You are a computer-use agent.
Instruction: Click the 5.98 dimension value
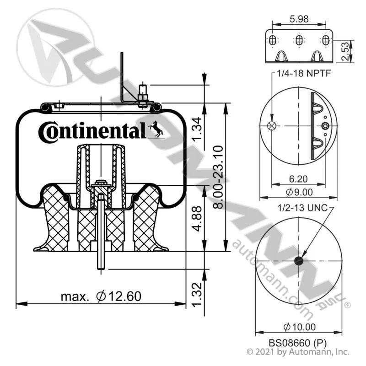[x=299, y=19]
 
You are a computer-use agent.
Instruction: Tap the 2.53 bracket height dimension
[x=345, y=51]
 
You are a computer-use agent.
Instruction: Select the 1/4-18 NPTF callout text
[x=304, y=74]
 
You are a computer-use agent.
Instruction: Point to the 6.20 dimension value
[x=298, y=179]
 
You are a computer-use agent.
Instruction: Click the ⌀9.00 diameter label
[x=299, y=192]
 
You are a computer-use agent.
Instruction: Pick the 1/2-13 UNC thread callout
[x=302, y=208]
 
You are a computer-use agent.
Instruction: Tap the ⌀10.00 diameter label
[x=300, y=327]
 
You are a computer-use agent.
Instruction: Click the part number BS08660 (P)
[x=297, y=343]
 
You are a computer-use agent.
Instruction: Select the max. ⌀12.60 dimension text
[x=101, y=296]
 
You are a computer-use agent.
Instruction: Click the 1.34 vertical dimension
[x=197, y=129]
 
